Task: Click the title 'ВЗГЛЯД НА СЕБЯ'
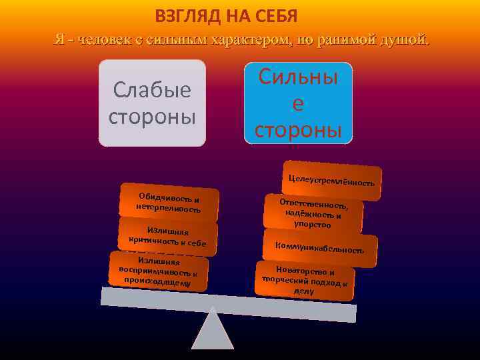tap(226, 15)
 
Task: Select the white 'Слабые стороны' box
tap(152, 103)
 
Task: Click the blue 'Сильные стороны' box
tap(298, 103)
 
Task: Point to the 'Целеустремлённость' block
tap(332, 180)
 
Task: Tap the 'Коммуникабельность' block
tap(320, 248)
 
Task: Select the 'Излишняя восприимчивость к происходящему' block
tap(158, 272)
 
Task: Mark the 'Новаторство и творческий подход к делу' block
tap(305, 281)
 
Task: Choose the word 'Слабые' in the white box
tap(152, 89)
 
